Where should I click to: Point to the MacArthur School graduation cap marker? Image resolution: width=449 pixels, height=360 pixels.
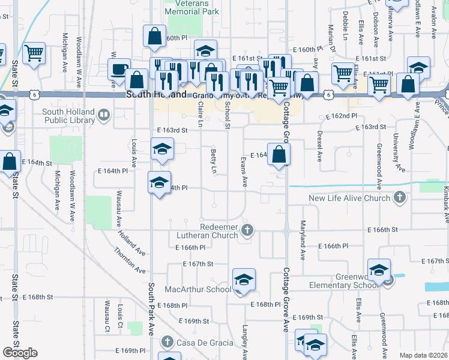(x=244, y=280)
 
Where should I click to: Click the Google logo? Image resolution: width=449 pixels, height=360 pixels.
(x=20, y=353)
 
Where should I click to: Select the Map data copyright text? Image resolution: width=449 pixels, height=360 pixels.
(x=423, y=355)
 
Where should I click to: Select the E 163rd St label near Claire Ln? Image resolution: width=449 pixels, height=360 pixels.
(x=172, y=130)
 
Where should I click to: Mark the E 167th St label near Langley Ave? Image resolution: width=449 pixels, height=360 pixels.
(x=198, y=264)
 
